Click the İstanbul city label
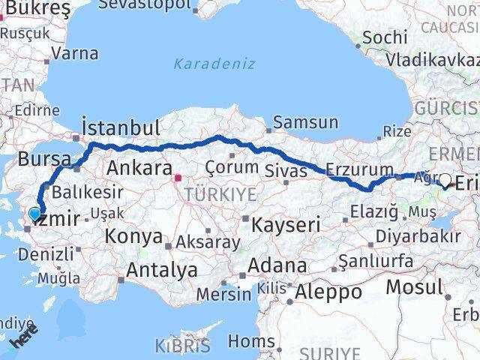120,127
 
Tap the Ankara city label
140,167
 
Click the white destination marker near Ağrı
446,180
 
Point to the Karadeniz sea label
214,64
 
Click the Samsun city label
305,123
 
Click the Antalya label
163,269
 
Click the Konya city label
136,237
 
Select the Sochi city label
385,37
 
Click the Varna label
76,54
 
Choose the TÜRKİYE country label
224,194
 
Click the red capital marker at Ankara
178,178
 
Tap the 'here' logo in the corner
23,340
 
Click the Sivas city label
286,171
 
